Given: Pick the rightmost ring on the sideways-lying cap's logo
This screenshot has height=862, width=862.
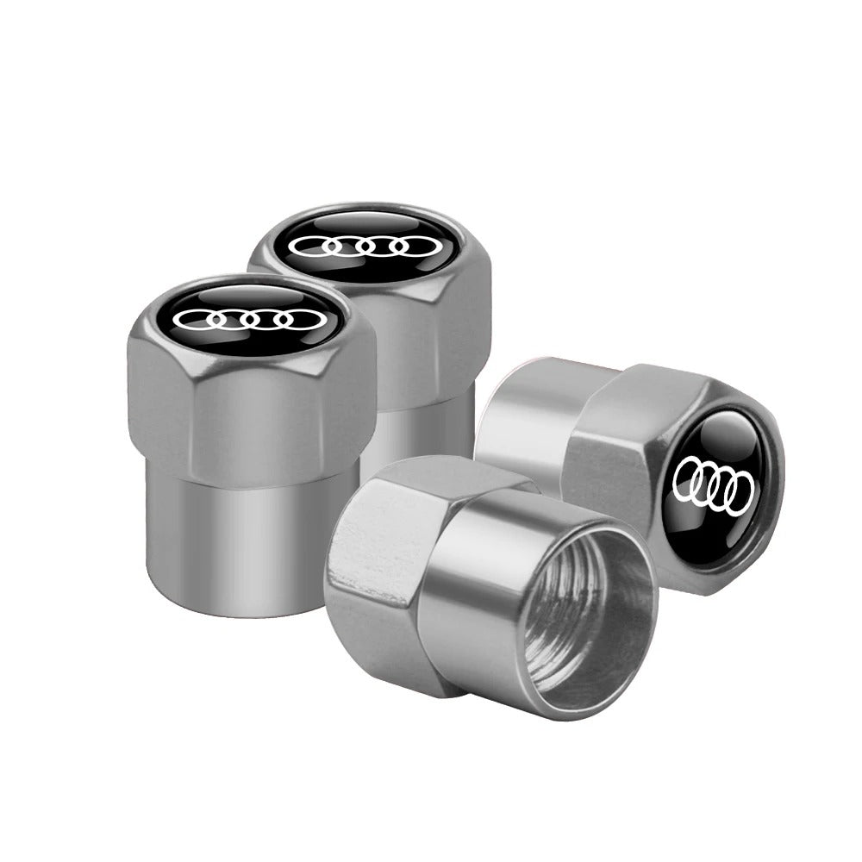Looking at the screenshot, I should (739, 493).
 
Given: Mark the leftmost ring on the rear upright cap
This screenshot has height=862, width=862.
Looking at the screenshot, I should (312, 248).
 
